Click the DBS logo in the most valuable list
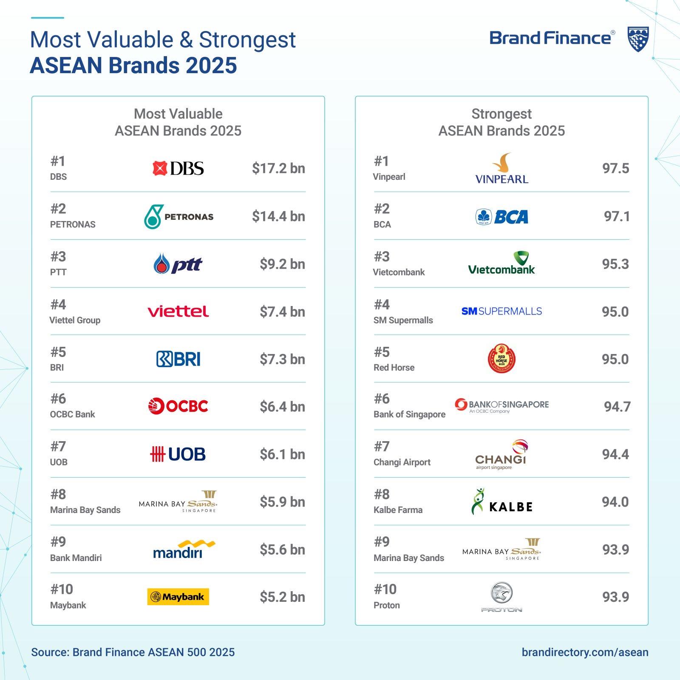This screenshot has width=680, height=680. click(x=178, y=168)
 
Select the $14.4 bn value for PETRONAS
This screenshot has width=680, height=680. click(x=278, y=216)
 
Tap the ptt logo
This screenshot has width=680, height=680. click(x=178, y=264)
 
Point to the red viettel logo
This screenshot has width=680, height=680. click(x=178, y=312)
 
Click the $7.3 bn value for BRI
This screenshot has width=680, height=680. click(x=282, y=359)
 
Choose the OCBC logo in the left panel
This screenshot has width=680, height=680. click(x=178, y=406)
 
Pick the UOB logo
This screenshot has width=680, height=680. click(x=178, y=454)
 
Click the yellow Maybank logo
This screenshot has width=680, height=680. click(x=178, y=597)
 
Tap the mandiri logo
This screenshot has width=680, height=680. click(x=184, y=549)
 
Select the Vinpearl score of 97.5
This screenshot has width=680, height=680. click(x=615, y=168)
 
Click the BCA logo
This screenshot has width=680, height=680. click(x=501, y=217)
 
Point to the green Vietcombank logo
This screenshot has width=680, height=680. click(x=501, y=263)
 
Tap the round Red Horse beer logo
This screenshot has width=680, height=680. click(x=501, y=359)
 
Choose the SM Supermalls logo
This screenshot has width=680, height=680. click(x=501, y=311)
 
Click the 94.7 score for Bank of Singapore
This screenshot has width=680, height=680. click(x=617, y=407)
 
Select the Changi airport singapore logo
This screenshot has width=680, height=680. click(x=501, y=455)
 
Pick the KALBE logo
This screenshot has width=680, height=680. click(x=501, y=502)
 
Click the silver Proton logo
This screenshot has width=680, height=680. click(x=501, y=597)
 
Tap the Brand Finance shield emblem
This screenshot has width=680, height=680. click(x=638, y=39)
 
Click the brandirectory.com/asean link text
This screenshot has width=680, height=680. click(x=585, y=652)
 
